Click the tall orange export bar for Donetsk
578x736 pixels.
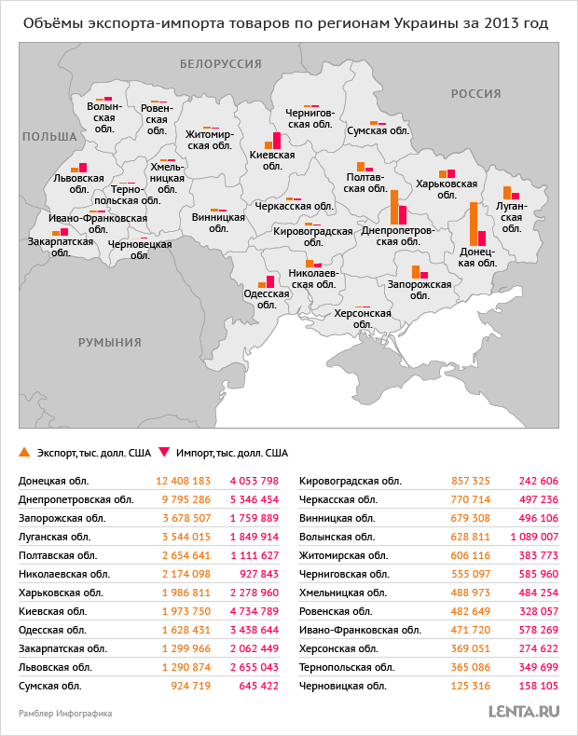tap(474, 224)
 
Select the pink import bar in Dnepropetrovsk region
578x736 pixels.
tap(403, 214)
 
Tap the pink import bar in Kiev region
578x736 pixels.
tap(277, 141)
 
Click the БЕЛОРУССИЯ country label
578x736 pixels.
tap(220, 63)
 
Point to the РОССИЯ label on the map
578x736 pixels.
tap(476, 94)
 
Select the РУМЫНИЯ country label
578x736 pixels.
tap(110, 342)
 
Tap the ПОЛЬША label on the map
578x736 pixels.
tap(49, 136)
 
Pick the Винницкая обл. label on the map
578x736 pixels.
tap(218, 223)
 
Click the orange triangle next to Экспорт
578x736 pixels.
tap(24, 453)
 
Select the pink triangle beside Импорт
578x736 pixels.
tap(164, 453)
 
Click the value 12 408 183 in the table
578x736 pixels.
tap(184, 481)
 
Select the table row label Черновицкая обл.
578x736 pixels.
tap(343, 686)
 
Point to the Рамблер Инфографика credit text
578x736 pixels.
tap(65, 714)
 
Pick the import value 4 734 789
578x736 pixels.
tap(254, 611)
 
